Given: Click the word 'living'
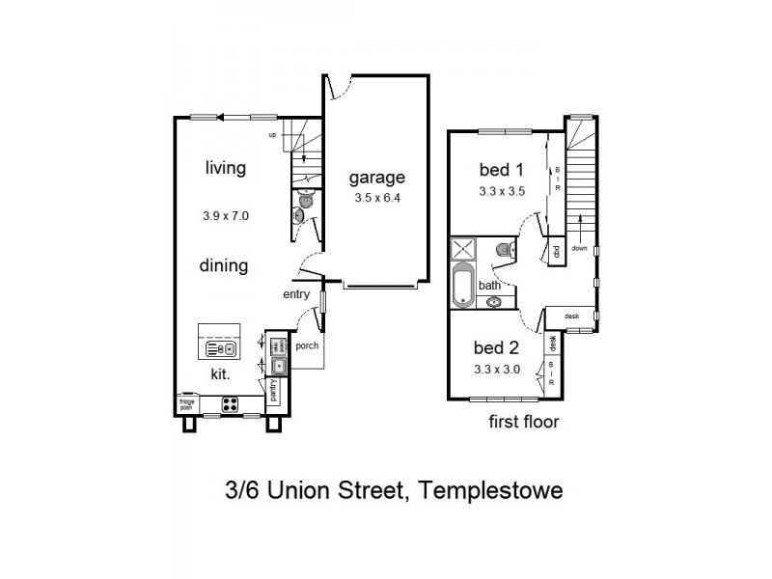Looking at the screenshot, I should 225,168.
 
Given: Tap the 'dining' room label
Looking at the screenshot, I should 225,265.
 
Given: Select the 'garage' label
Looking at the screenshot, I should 376,178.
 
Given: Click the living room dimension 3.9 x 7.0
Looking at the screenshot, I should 226,216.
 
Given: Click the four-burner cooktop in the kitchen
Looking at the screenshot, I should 232,404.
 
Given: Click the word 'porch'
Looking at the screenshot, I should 307,346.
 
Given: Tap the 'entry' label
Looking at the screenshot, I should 295,295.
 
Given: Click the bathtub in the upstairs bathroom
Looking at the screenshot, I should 464,287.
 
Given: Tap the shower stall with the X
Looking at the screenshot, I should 461,248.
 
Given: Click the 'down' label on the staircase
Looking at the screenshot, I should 579,247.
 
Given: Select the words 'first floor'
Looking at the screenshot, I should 524,422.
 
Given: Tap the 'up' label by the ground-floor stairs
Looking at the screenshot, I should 273,135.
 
